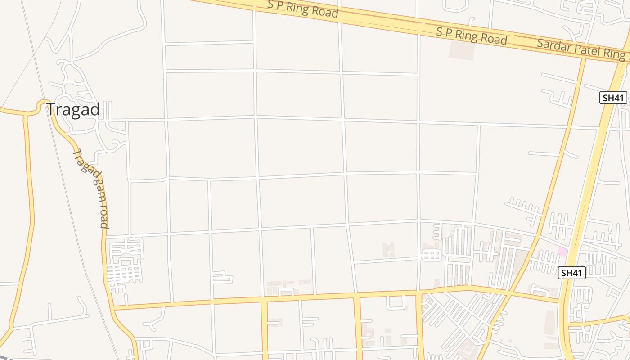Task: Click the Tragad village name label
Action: coord(73,110)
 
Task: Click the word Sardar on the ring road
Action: coord(551,46)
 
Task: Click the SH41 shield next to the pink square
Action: coord(571,273)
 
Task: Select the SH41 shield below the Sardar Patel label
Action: coord(613,98)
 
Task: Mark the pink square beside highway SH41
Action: coord(562,252)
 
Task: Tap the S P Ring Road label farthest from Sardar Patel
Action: coord(302,9)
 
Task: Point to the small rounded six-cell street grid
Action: coord(431,255)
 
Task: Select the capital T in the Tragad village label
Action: coord(51,110)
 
